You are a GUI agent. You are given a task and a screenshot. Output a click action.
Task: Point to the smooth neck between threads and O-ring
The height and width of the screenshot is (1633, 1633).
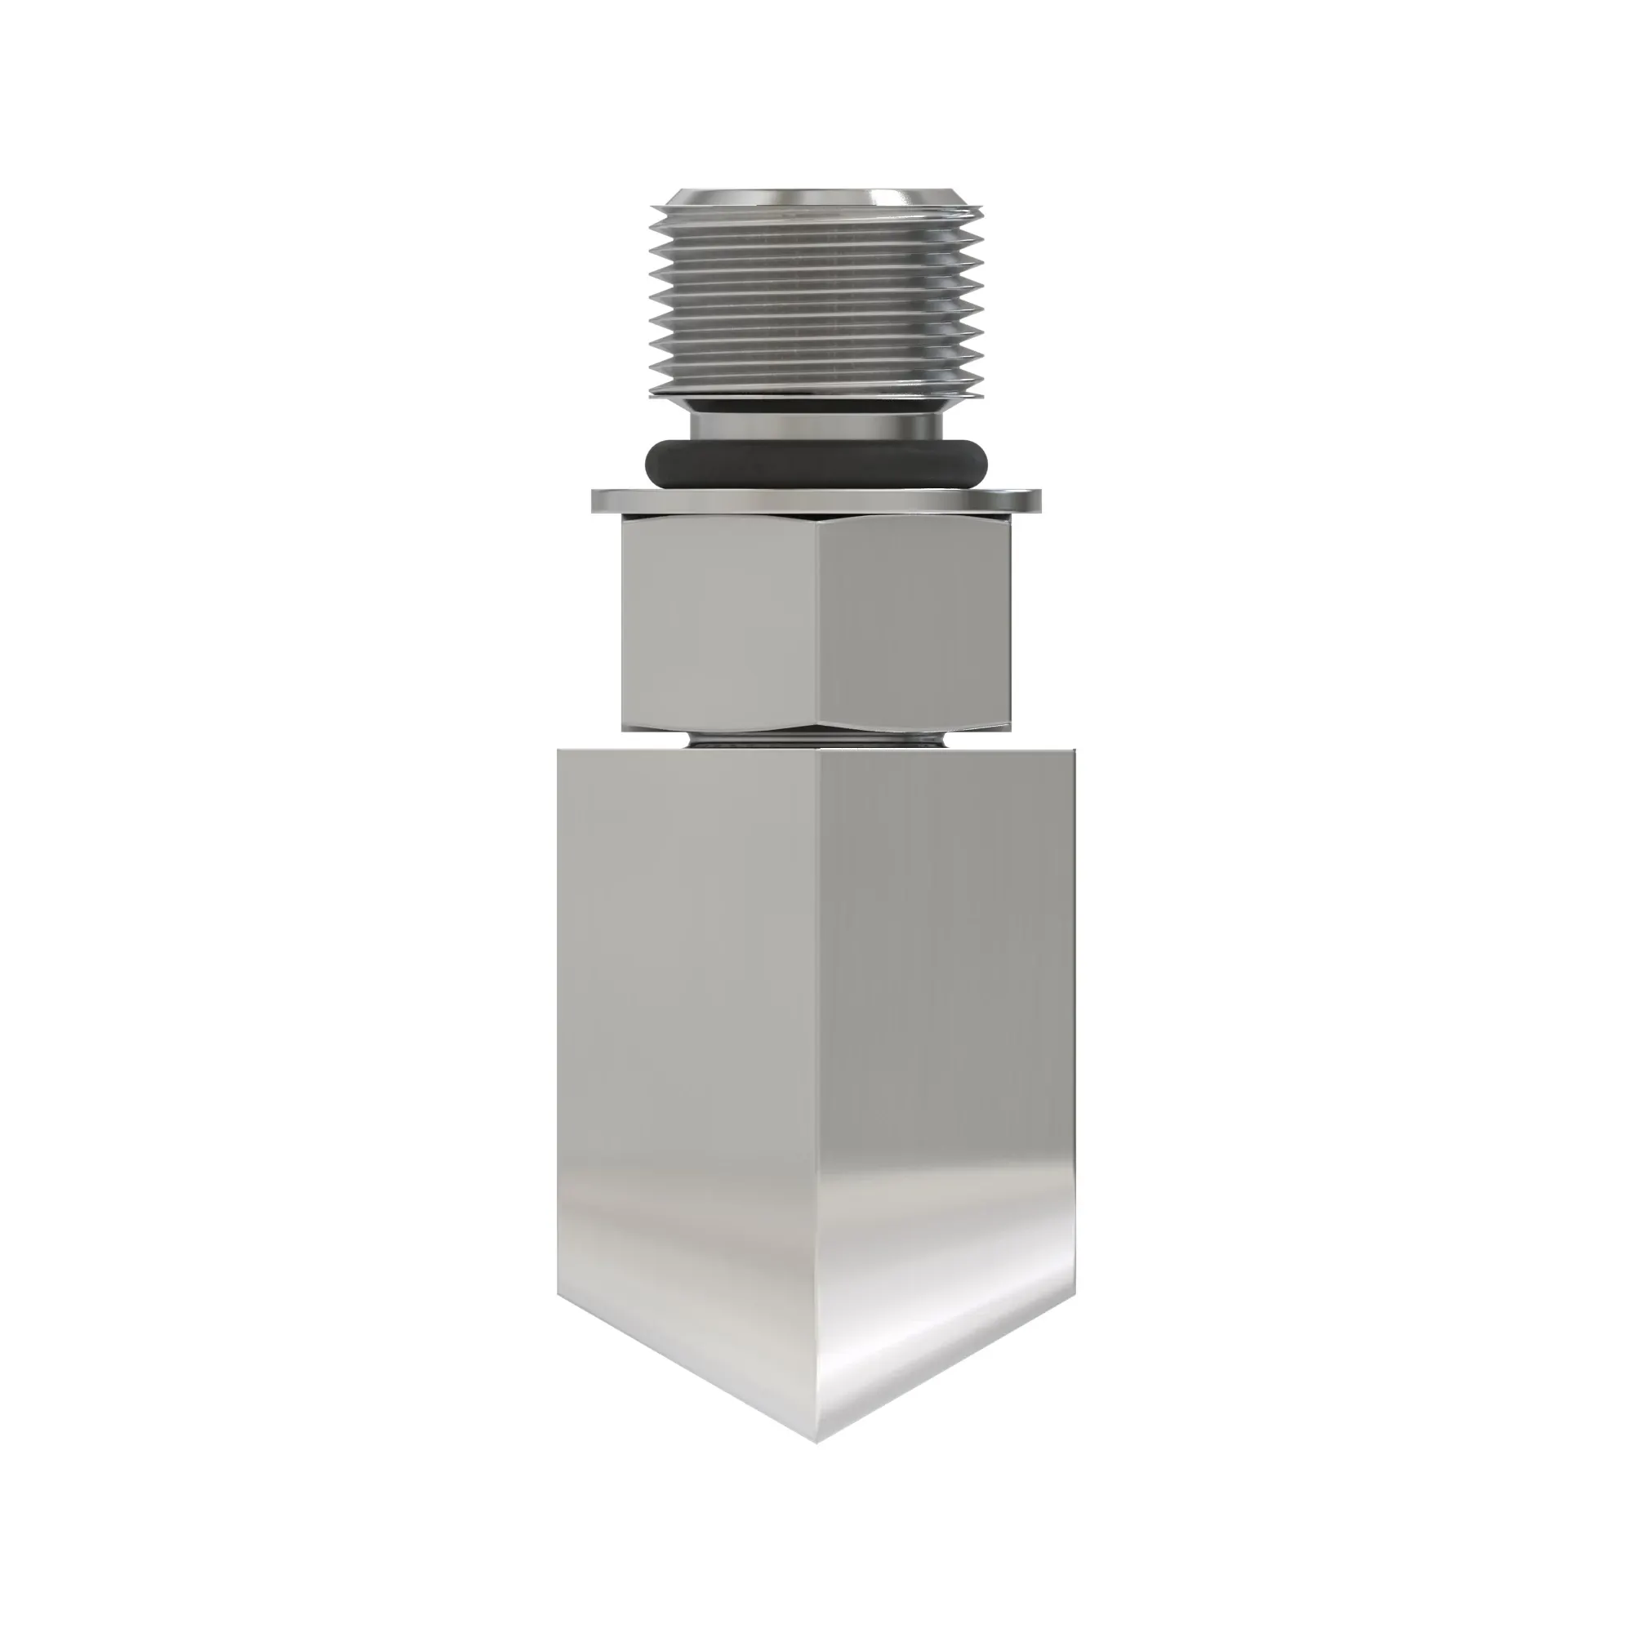[816, 419]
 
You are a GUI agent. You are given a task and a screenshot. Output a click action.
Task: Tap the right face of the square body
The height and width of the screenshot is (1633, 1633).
[946, 1014]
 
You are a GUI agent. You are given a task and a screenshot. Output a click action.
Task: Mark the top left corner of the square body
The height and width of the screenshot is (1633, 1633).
[558, 750]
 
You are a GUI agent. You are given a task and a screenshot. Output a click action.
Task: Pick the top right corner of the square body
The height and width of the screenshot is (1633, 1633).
[1076, 750]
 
